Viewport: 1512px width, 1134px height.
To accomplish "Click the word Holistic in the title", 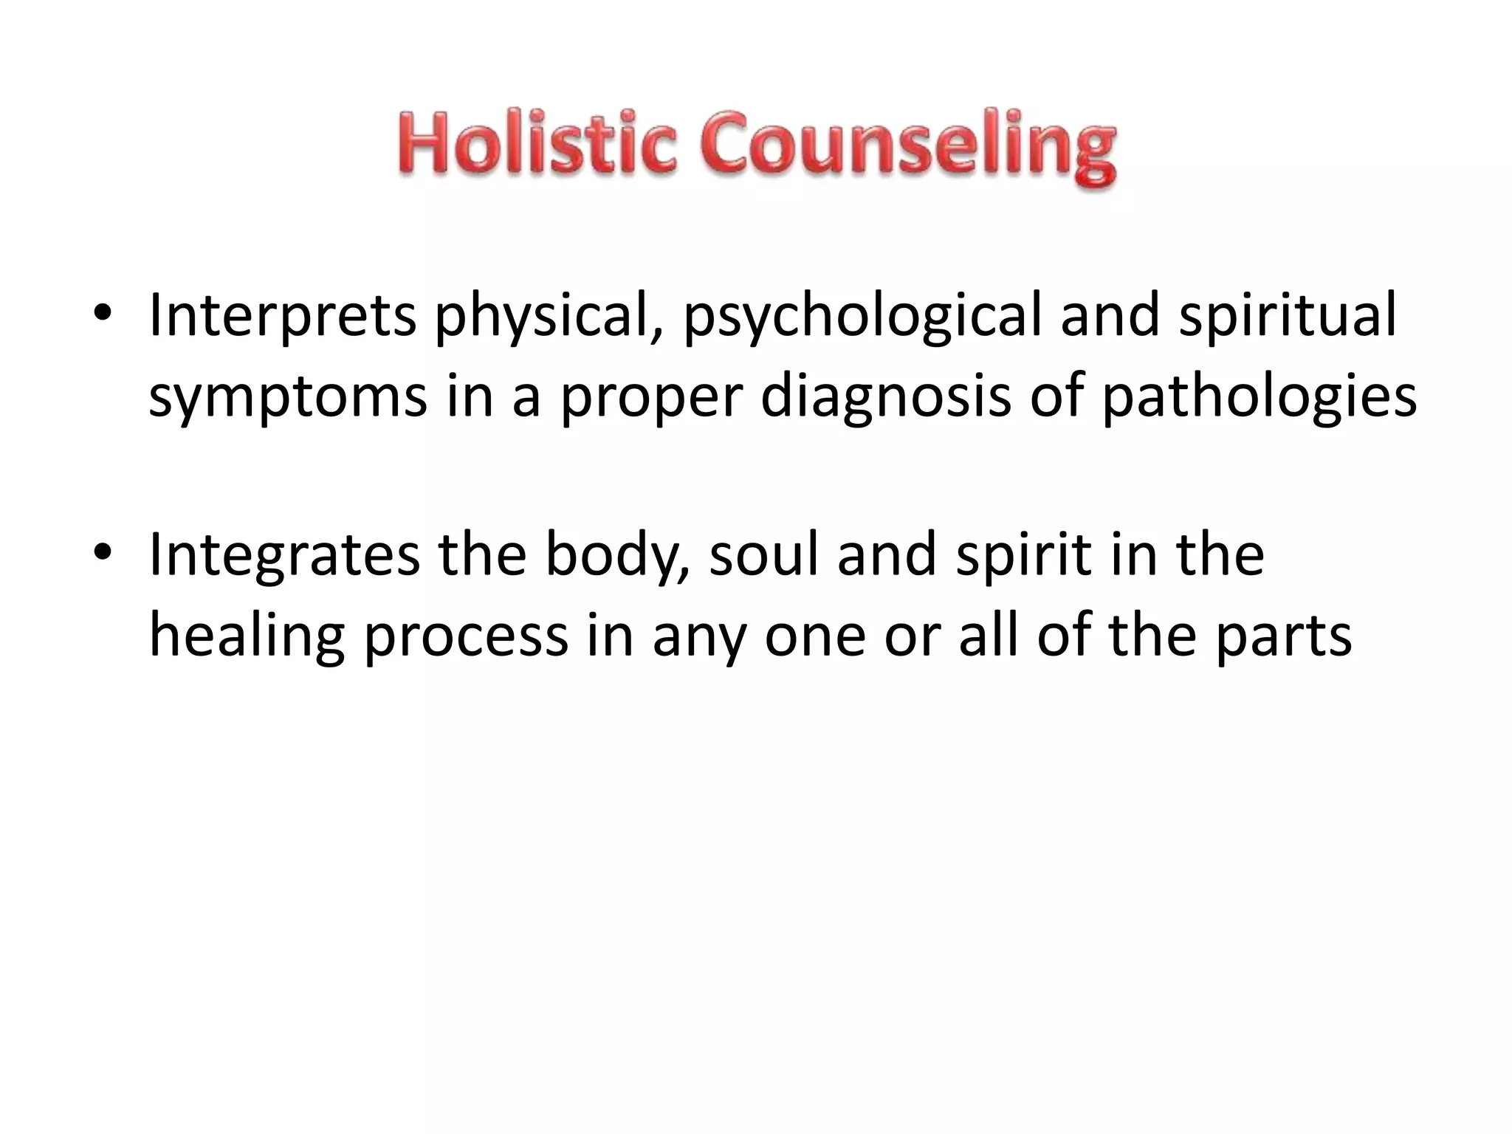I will (x=537, y=144).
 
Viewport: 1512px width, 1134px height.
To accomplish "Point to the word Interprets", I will (x=282, y=316).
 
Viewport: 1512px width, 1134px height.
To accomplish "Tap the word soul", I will (x=765, y=555).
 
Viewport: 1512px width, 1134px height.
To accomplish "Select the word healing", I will (x=247, y=636).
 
